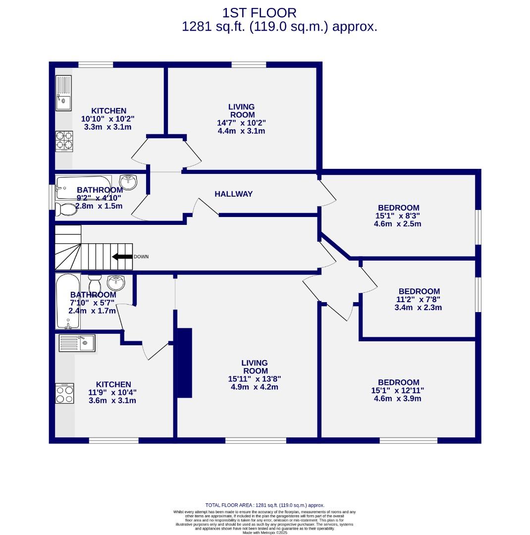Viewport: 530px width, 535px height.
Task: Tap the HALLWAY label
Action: pos(233,194)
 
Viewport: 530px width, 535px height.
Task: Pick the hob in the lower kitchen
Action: pos(64,394)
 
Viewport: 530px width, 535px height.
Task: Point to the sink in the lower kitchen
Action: pos(76,343)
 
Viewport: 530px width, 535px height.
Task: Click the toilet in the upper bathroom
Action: pos(65,210)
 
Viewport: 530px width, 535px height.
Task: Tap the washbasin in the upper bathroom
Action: pos(128,182)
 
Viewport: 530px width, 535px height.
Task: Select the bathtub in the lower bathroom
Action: pos(67,301)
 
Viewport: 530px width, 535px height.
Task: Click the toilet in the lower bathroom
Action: pos(95,284)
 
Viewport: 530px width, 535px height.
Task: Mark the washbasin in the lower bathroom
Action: pos(116,282)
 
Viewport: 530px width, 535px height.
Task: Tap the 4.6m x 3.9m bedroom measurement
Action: pos(398,398)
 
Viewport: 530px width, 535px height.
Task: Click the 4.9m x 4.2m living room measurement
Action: pos(255,387)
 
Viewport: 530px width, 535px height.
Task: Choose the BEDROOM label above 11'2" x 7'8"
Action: pos(419,291)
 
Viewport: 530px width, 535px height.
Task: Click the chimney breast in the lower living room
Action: pos(184,362)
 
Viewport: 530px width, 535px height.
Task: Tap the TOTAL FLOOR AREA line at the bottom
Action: pos(265,505)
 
